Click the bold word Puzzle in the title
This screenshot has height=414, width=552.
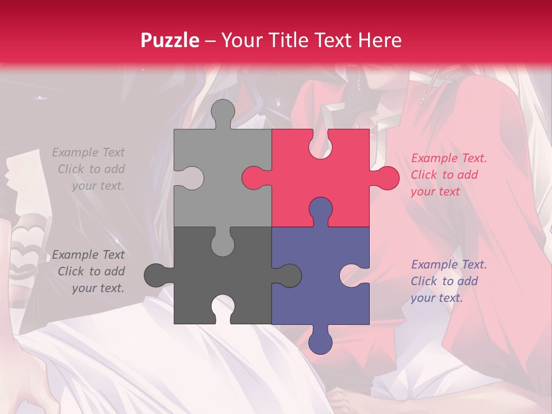click(170, 40)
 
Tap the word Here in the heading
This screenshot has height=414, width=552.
click(379, 40)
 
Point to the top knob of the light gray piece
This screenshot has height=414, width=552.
click(223, 112)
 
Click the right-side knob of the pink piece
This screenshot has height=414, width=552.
click(385, 178)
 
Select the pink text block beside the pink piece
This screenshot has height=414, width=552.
click(448, 175)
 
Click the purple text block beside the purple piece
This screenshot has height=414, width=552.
click(448, 281)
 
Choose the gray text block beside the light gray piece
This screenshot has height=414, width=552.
click(89, 169)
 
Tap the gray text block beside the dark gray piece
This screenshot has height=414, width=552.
click(89, 271)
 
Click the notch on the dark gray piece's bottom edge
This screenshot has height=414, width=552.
click(223, 307)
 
